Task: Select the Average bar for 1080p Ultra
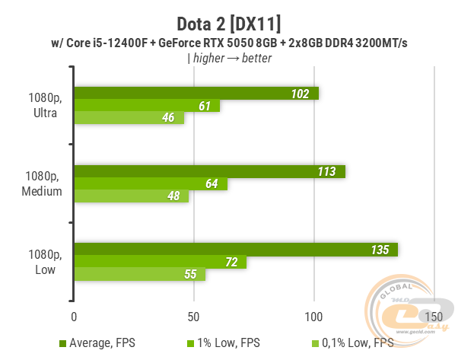[196, 93]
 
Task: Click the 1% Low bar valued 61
[146, 106]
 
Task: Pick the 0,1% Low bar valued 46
[129, 118]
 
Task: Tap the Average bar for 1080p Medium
[209, 171]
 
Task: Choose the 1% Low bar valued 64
[150, 183]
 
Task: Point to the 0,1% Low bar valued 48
[131, 196]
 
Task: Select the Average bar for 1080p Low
[235, 250]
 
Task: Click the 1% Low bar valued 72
[160, 262]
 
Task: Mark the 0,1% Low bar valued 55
[139, 275]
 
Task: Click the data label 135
[378, 250]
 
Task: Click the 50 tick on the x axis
[193, 315]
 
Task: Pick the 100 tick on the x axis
[313, 315]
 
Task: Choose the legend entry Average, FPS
[99, 344]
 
